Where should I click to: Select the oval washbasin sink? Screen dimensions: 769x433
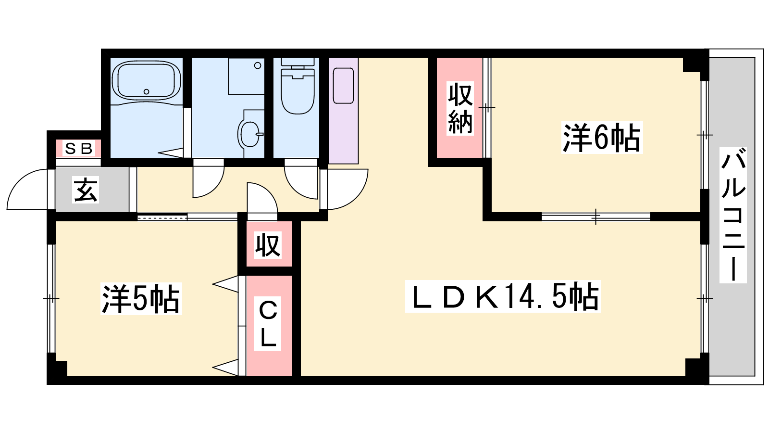tap(250, 134)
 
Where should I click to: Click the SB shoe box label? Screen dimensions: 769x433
tap(79, 149)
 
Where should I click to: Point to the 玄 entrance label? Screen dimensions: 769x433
tap(86, 190)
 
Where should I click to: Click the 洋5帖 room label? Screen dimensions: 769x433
tap(141, 299)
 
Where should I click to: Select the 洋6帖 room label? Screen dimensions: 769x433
tap(601, 138)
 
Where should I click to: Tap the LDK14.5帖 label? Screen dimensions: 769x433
tap(503, 296)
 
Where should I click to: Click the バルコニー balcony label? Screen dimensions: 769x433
tap(733, 215)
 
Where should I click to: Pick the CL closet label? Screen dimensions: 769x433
tap(267, 323)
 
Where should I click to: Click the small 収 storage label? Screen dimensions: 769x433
tap(268, 245)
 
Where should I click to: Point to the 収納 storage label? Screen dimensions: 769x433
tap(460, 108)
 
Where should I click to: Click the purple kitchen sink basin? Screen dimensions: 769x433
tap(343, 86)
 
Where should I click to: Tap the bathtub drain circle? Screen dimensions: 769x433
tap(147, 92)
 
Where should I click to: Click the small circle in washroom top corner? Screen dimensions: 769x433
tap(258, 65)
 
